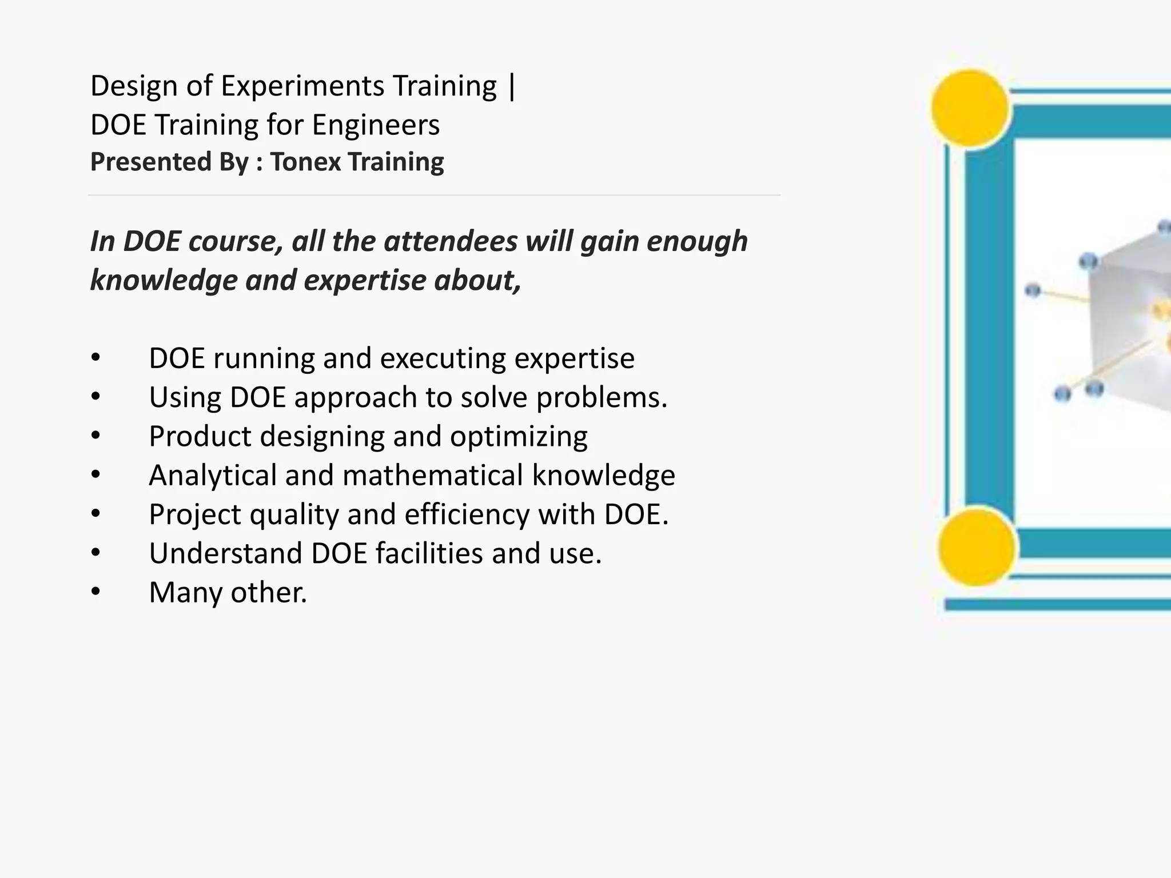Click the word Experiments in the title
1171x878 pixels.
click(302, 87)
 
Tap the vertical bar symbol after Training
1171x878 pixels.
click(511, 87)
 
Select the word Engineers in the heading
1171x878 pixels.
click(376, 125)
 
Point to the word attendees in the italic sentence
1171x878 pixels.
click(451, 241)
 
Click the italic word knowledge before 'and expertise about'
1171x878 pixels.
click(164, 280)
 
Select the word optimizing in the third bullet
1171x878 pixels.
click(519, 437)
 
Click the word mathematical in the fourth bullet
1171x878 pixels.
click(433, 476)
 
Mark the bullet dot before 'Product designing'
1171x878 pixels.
click(95, 437)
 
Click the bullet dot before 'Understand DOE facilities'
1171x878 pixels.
click(95, 553)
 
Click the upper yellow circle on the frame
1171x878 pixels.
click(969, 107)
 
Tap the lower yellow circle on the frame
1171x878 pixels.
click(977, 546)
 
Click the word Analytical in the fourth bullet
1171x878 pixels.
click(213, 476)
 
